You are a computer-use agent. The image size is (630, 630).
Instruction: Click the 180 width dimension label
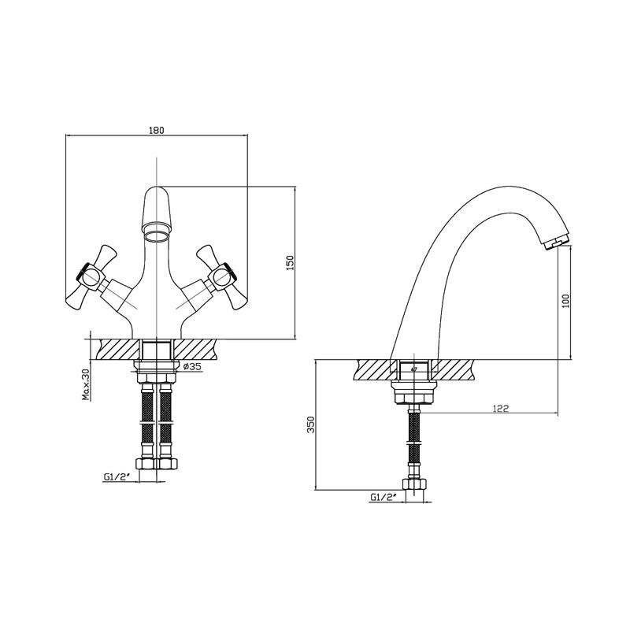(x=157, y=130)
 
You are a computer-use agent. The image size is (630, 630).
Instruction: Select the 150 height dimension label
(x=290, y=263)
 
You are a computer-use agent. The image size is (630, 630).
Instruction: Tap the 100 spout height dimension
(x=566, y=301)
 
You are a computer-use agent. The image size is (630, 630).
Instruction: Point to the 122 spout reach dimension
(x=501, y=408)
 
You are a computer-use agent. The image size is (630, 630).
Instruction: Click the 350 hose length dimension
(x=311, y=424)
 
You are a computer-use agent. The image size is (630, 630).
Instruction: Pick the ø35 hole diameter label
(x=191, y=366)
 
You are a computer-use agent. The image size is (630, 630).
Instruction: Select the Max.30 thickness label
(x=87, y=385)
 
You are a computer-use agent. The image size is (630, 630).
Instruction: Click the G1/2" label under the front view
(x=115, y=477)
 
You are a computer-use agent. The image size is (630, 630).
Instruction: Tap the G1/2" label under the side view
(x=382, y=498)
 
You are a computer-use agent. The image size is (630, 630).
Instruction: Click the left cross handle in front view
(x=91, y=277)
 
